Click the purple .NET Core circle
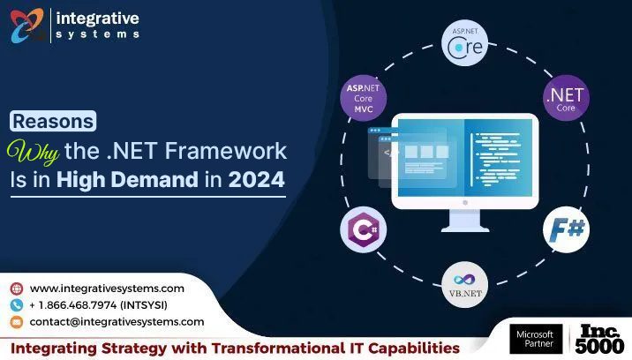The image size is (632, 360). coord(565,98)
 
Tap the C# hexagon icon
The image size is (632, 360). coord(363,231)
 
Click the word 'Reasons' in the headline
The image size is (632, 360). coord(54,122)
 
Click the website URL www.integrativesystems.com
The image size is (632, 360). coord(107,289)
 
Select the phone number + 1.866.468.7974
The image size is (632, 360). coord(98,305)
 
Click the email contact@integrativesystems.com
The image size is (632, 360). coord(117,322)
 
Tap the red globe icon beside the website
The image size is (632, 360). coord(17,289)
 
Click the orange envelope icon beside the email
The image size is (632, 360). coord(17,322)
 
